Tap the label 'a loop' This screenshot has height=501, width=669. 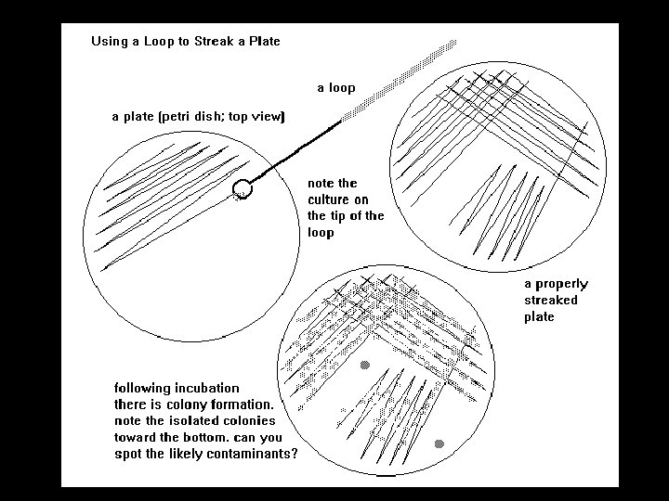coord(336,88)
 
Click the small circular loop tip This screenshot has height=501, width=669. coord(243,188)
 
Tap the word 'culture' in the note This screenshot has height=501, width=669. coord(338,199)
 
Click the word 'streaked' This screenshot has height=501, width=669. coord(551,301)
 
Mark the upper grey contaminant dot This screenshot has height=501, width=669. coord(364,366)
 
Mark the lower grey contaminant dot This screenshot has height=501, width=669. coord(439,443)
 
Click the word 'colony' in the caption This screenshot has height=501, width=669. coord(187,405)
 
